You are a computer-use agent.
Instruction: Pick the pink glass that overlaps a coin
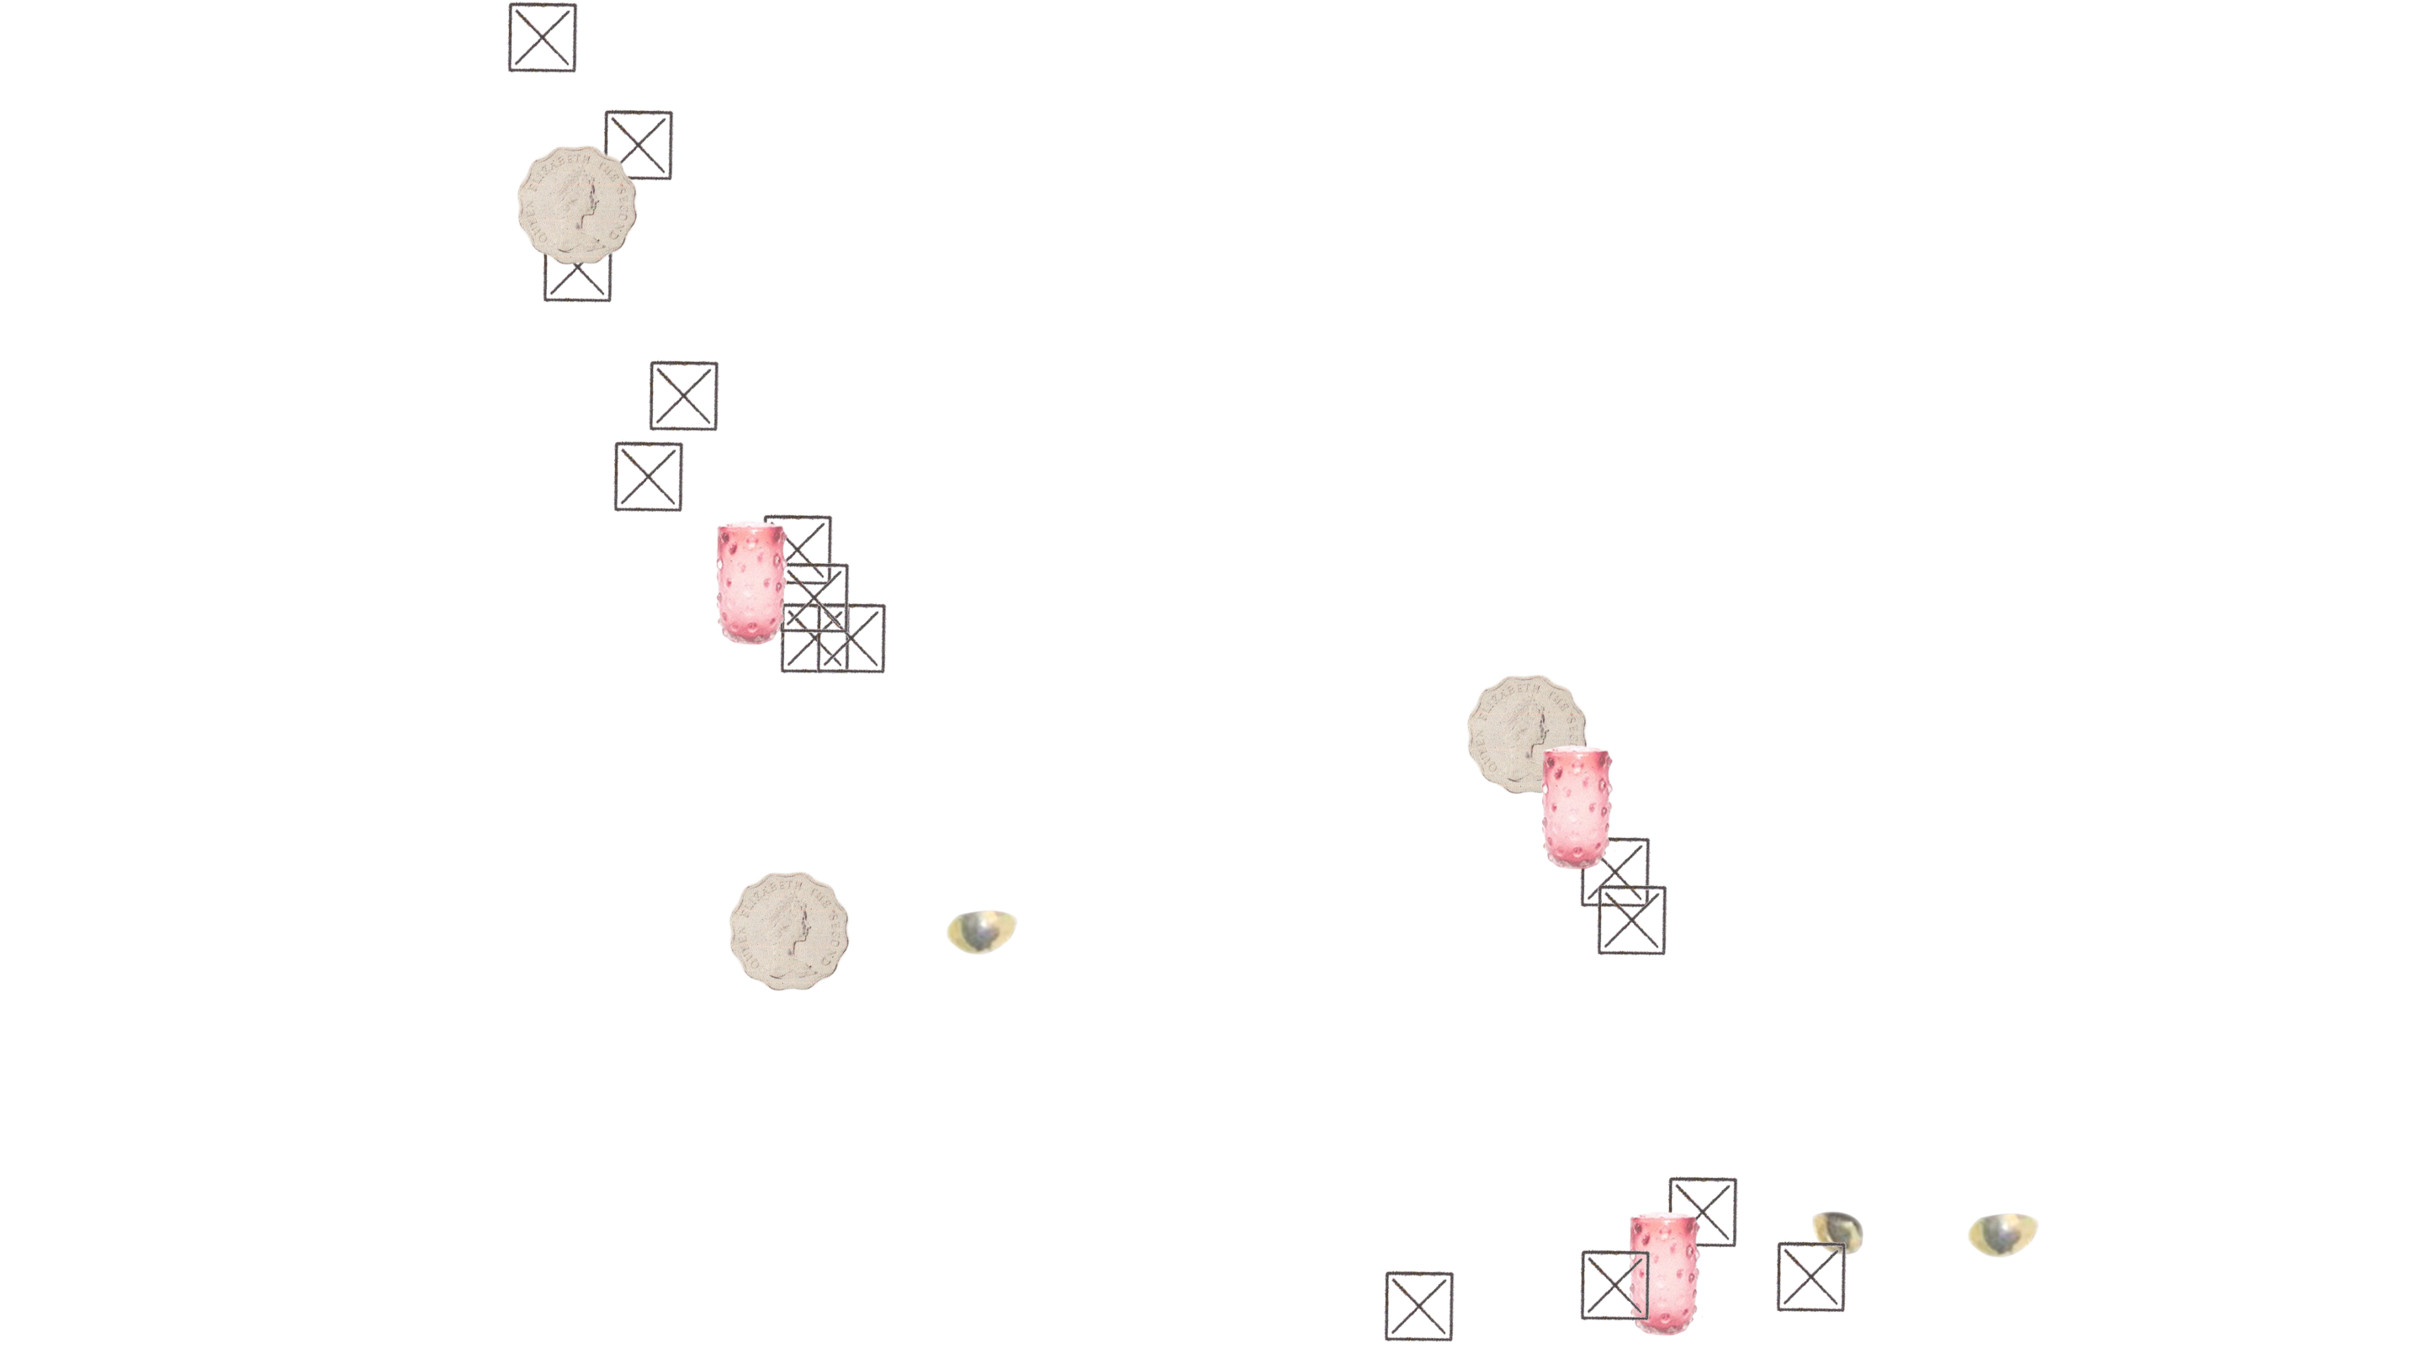tap(1576, 809)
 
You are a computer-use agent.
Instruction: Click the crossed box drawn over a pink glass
tap(1612, 1285)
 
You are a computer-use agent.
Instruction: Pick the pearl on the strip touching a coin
tap(983, 931)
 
